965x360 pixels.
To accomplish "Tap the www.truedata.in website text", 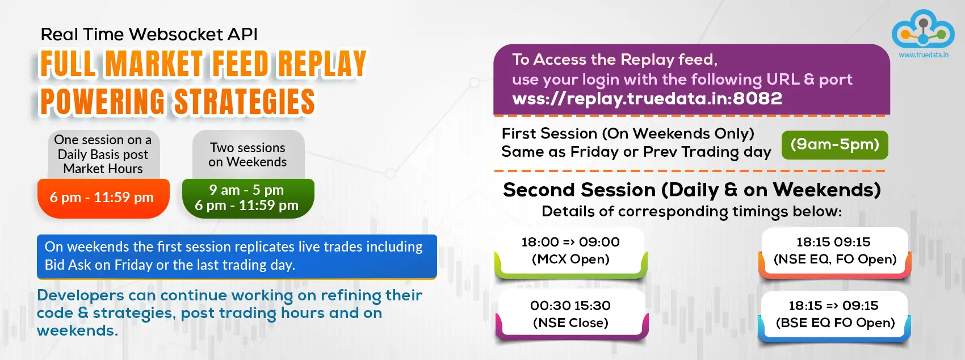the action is [923, 55].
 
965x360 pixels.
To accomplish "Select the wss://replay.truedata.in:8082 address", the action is [647, 99].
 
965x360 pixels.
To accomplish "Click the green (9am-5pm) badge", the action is [834, 145].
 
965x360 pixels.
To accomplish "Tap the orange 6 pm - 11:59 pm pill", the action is [103, 198].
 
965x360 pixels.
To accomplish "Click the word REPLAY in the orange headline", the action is [322, 64].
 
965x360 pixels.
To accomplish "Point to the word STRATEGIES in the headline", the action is [244, 102].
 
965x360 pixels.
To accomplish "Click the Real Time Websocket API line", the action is [149, 34].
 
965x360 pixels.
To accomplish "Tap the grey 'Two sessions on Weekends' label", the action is [248, 155].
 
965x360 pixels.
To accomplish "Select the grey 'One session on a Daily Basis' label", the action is [103, 154].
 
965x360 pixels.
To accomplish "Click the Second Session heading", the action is [692, 190].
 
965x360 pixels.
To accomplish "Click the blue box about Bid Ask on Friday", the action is [237, 257].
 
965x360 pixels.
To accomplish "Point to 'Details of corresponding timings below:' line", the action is [691, 212].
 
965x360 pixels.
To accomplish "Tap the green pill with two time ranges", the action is [248, 198].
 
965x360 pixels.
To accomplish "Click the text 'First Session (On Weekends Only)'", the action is [628, 133].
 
